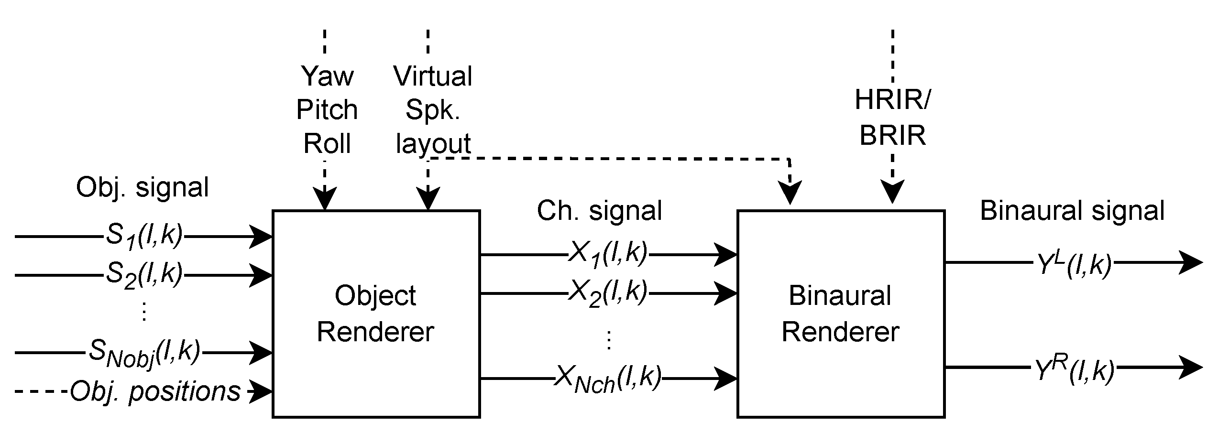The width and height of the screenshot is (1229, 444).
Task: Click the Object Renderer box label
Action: click(x=375, y=314)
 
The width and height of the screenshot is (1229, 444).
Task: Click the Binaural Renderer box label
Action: click(x=840, y=314)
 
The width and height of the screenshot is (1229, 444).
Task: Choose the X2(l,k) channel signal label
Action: click(x=607, y=293)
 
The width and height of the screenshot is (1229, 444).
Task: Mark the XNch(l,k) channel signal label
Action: click(x=607, y=379)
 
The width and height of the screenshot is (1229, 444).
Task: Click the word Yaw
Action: click(x=327, y=76)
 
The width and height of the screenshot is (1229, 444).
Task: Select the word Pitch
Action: click(x=327, y=110)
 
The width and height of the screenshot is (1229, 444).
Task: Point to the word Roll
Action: click(x=327, y=143)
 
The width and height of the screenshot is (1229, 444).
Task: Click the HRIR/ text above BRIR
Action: click(x=892, y=100)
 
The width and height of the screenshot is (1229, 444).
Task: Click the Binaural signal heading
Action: click(x=1072, y=211)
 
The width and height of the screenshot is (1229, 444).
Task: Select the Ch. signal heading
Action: click(x=599, y=211)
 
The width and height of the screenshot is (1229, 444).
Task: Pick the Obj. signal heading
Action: click(x=143, y=187)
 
